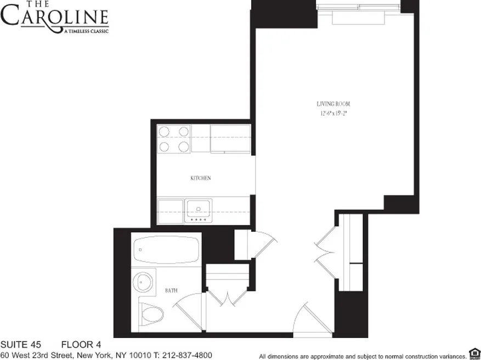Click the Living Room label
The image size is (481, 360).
click(x=333, y=104)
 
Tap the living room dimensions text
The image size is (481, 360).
click(x=333, y=113)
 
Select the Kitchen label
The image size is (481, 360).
click(x=200, y=178)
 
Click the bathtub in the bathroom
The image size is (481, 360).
click(x=166, y=250)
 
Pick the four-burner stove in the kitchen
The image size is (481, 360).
click(x=174, y=139)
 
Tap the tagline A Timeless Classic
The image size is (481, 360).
click(x=86, y=31)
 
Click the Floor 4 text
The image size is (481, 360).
click(x=81, y=345)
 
